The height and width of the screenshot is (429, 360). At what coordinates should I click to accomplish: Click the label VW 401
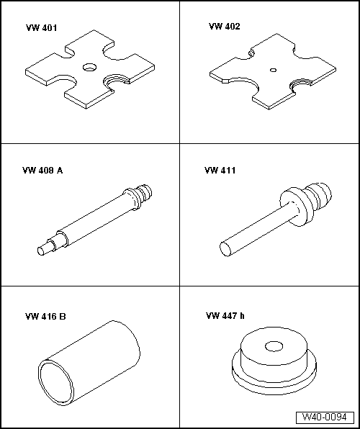point(41,29)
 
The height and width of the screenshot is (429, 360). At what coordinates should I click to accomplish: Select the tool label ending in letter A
point(42,171)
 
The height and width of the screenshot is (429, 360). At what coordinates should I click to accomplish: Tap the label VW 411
point(220,171)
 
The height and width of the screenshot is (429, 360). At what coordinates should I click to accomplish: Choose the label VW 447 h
point(225,316)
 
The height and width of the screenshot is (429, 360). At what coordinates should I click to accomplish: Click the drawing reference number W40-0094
point(325,417)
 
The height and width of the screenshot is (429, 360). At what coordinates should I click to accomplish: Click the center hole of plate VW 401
point(89,67)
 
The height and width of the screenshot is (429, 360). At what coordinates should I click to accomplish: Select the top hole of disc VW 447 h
point(274,347)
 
